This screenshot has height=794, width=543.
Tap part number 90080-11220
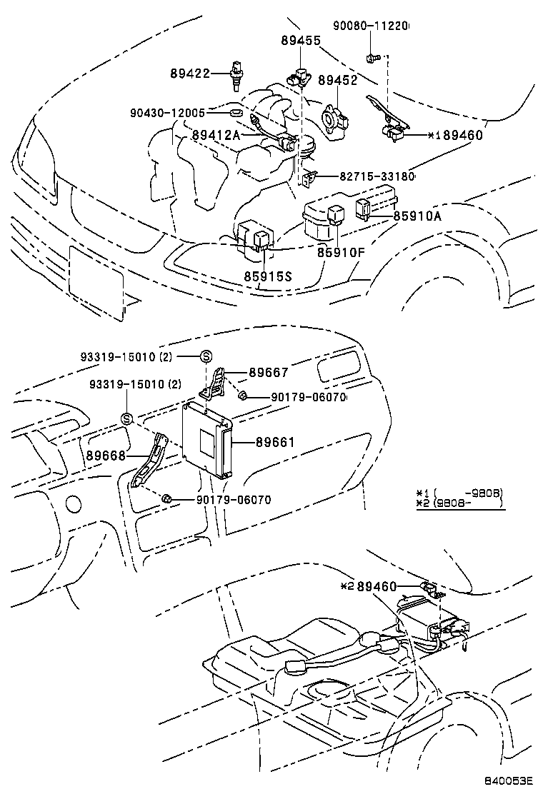pos(371,26)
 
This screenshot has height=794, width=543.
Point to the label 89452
pos(337,81)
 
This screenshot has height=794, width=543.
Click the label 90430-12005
pos(168,113)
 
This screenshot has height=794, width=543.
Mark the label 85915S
pos(265,275)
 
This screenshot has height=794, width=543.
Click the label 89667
pos(269,372)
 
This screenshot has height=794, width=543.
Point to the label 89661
pos(275,443)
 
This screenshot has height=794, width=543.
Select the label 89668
pos(106,456)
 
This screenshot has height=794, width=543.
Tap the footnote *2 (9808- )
pos(460,503)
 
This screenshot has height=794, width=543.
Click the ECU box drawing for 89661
pos(206,439)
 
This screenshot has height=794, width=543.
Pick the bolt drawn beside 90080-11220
pos(372,57)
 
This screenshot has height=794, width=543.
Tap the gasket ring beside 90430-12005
pos(236,112)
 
